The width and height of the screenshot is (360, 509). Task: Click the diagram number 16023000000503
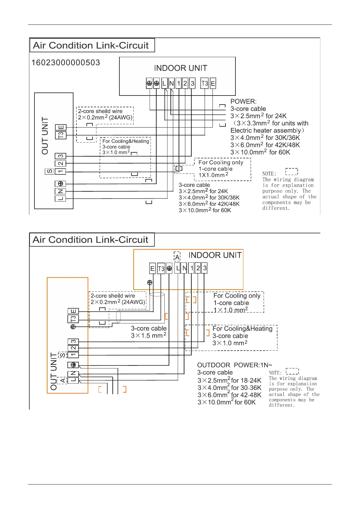[66, 63]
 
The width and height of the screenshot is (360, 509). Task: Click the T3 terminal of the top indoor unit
[205, 83]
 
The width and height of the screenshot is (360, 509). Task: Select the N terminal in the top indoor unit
[171, 83]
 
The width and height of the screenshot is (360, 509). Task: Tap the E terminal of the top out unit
[60, 128]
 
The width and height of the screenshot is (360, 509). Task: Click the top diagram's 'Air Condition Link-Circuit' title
[91, 45]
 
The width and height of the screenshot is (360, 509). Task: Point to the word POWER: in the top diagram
[243, 102]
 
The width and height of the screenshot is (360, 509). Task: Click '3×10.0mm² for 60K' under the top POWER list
[260, 152]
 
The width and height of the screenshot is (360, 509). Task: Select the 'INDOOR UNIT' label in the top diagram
[180, 68]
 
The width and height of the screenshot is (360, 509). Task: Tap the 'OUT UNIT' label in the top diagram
[45, 136]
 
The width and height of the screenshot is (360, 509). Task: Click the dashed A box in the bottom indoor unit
[177, 257]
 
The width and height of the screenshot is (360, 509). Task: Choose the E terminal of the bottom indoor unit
[152, 268]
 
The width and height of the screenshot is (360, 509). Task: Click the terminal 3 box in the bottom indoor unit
[205, 268]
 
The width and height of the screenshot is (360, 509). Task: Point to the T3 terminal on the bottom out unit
[73, 319]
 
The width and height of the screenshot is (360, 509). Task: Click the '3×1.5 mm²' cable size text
[148, 336]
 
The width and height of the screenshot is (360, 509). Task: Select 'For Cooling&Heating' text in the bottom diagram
[242, 329]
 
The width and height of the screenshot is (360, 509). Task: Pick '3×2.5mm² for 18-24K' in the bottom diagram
[229, 380]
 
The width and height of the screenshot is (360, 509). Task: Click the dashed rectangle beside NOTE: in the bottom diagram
[292, 371]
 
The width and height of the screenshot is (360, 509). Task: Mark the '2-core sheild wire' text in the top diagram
[100, 111]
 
